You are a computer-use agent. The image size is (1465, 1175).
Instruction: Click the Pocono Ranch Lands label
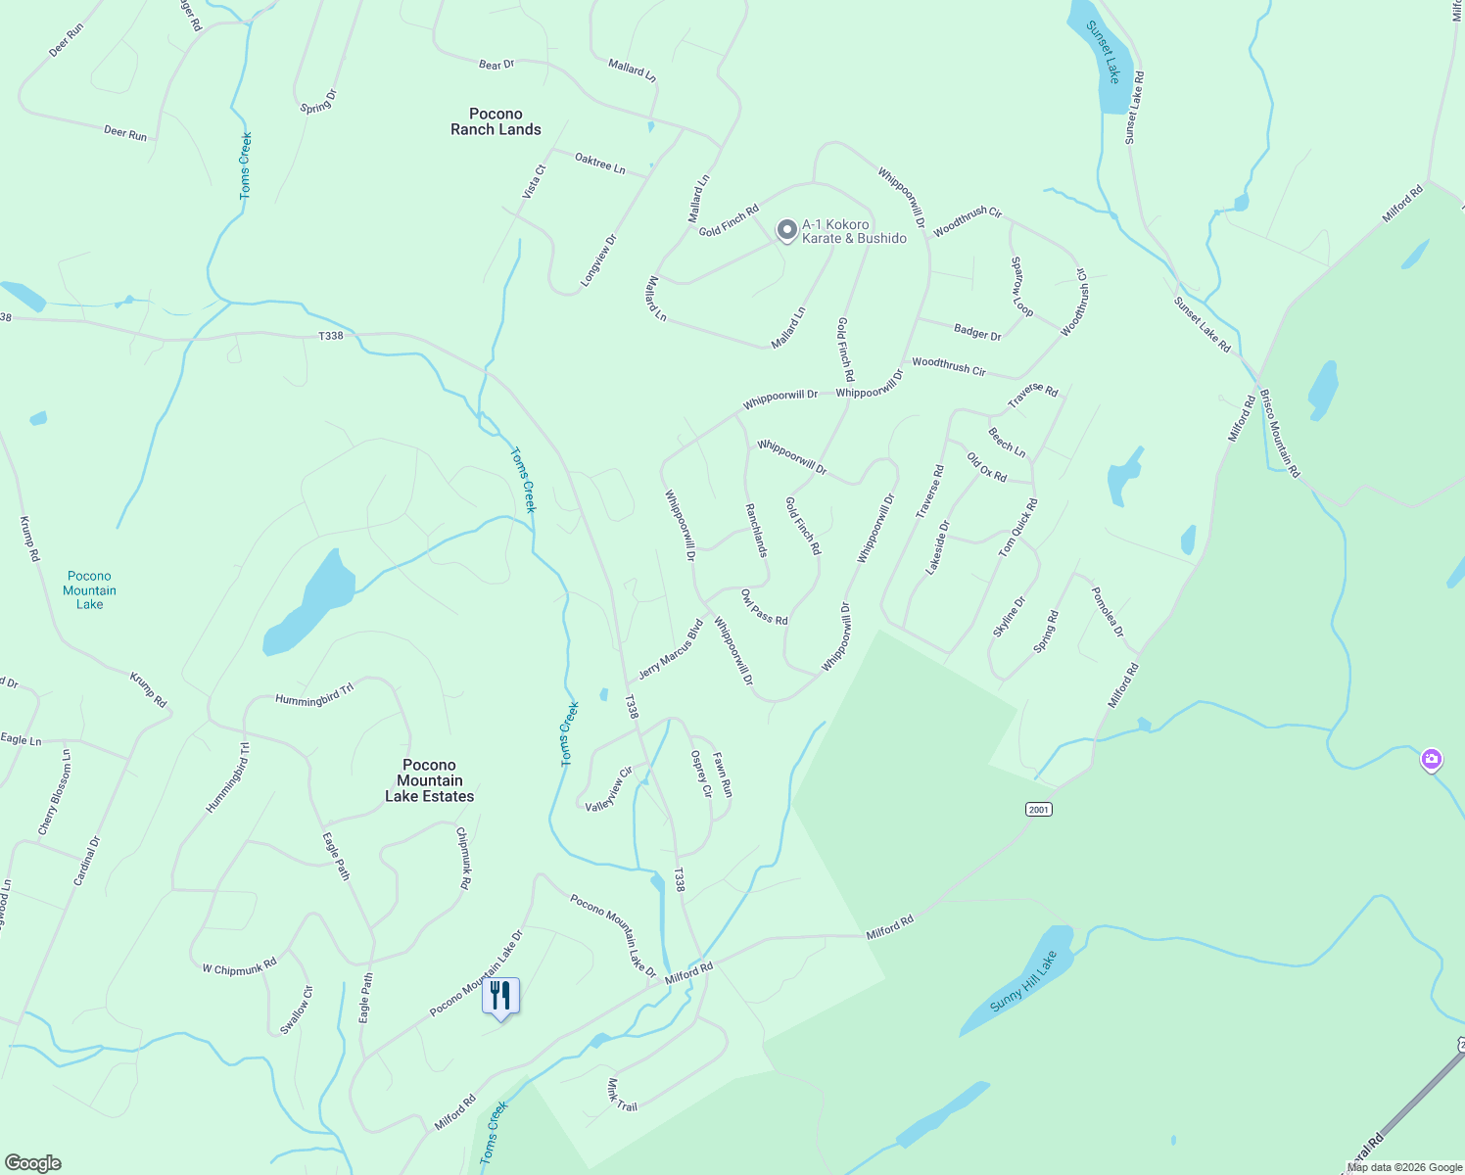(x=496, y=121)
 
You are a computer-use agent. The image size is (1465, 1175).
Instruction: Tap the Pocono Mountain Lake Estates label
(x=429, y=780)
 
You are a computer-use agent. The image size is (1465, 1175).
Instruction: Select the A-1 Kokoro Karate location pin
(x=786, y=230)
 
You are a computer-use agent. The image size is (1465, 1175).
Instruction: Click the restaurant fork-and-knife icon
(x=500, y=996)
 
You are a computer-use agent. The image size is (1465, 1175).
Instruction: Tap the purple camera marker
(x=1431, y=759)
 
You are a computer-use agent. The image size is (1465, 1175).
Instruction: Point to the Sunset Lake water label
(x=1103, y=52)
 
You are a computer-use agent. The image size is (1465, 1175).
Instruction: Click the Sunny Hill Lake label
(x=1023, y=981)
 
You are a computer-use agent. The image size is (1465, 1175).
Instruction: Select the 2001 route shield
(x=1038, y=809)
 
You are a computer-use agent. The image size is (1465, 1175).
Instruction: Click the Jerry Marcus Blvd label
(x=671, y=649)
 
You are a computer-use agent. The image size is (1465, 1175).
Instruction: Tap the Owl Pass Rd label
(x=764, y=607)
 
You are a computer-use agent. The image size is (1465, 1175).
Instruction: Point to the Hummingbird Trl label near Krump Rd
(x=313, y=695)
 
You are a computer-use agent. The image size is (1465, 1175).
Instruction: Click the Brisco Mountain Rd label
(x=1280, y=433)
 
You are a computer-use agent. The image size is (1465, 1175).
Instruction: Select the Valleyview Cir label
(x=609, y=789)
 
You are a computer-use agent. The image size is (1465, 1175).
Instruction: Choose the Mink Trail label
(x=621, y=1095)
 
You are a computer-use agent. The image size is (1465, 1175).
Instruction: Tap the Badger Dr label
(x=977, y=332)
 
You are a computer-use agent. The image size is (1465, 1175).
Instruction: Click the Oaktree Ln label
(x=599, y=163)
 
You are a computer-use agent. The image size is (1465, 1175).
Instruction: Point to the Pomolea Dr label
(x=1108, y=613)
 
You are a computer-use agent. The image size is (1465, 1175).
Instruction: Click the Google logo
(x=32, y=1163)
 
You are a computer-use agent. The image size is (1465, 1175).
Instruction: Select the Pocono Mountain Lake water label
(x=89, y=590)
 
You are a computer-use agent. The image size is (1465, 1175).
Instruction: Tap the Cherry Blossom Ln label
(x=55, y=792)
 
